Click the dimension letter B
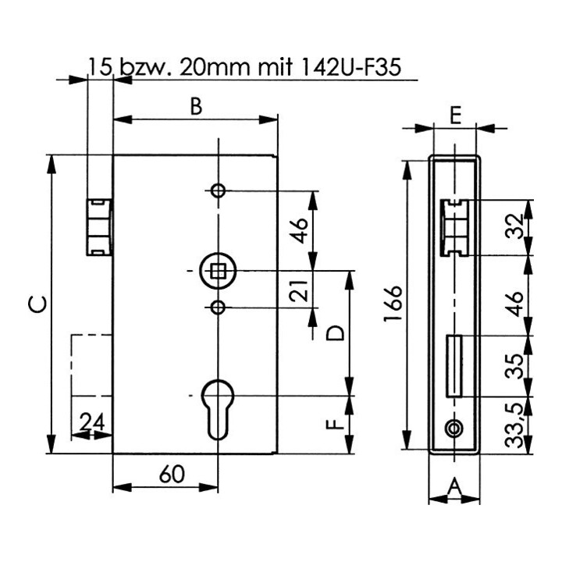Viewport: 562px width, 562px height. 196,106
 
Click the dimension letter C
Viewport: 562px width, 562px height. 37,304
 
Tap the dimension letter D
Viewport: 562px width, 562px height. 336,333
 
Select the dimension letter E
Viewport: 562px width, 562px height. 455,116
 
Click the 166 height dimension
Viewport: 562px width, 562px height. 393,304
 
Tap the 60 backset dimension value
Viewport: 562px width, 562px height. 172,475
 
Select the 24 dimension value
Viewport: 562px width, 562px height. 92,421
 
